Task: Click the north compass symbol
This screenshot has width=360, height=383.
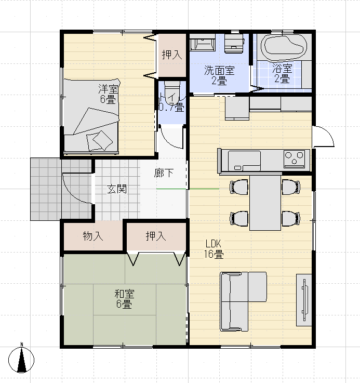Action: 21,359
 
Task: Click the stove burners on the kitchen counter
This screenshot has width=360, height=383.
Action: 295,159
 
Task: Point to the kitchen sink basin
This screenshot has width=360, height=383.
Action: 244,161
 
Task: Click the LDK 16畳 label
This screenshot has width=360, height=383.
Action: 214,249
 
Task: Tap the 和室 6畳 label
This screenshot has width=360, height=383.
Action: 124,299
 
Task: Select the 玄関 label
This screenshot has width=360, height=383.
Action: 117,189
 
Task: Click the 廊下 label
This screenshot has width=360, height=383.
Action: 164,173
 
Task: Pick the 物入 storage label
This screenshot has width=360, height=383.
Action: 93,236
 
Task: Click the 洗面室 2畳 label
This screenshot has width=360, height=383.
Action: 219,75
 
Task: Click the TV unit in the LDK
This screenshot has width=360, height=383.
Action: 304,300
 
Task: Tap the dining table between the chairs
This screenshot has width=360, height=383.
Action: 265,203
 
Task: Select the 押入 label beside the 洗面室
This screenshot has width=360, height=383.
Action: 172,55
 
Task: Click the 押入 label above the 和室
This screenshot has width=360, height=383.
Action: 156,236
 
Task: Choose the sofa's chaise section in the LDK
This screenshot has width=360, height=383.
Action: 258,287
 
